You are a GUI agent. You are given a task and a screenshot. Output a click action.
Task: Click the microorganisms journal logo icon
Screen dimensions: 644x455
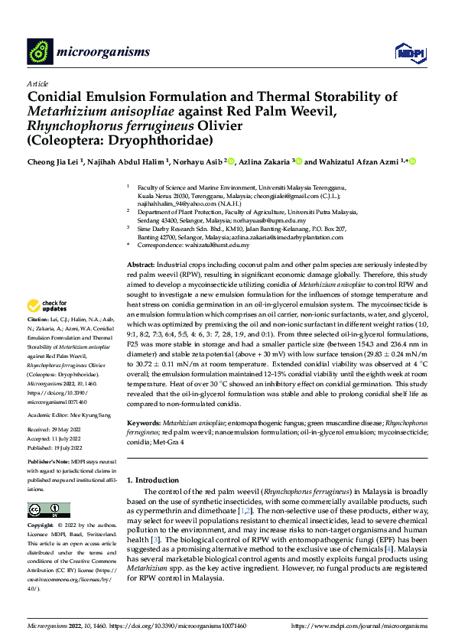(40, 51)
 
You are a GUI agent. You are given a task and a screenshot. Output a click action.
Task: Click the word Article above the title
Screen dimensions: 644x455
(37, 83)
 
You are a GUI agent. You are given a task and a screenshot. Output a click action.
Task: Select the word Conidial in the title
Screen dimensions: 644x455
(58, 97)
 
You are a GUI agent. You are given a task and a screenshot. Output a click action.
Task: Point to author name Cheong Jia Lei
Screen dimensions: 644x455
(54, 161)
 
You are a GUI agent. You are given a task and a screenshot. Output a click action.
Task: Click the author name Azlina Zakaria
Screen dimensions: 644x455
(261, 161)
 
